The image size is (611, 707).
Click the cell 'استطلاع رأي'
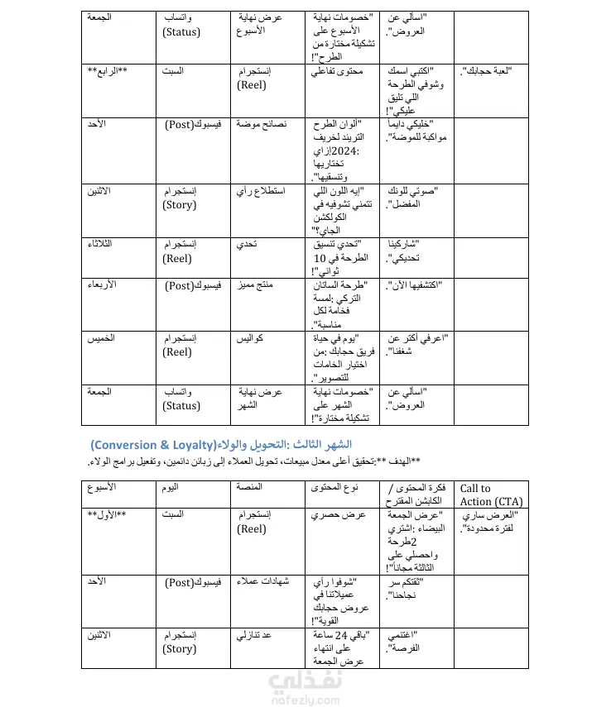[x=262, y=191]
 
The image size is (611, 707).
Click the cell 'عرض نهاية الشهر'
[x=261, y=398]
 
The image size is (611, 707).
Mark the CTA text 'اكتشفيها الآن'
[x=411, y=285]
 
